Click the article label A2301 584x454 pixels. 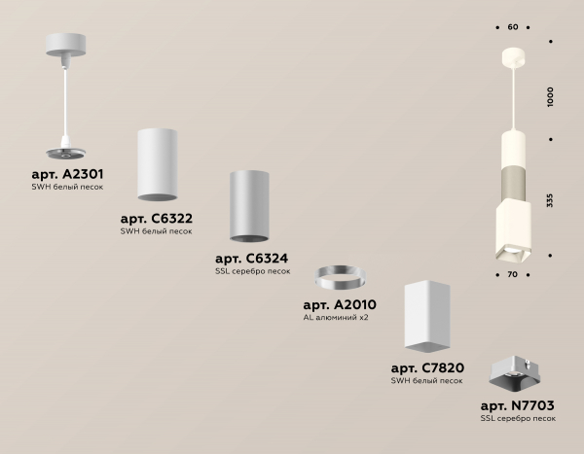pos(67,174)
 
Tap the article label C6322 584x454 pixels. pos(157,219)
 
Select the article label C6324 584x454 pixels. pos(252,259)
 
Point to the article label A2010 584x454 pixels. pos(340,305)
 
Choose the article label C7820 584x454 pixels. pos(427,368)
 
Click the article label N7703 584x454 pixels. pos(518,405)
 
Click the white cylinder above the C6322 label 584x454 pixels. pos(157,164)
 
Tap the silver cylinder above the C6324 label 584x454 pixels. pos(249,206)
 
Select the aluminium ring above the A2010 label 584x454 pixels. pos(340,277)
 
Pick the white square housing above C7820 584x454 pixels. pos(427,316)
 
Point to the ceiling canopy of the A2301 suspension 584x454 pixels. pos(65,45)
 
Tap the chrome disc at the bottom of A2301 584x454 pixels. pos(65,154)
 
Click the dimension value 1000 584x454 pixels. pos(551,97)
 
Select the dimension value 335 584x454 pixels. pos(550,200)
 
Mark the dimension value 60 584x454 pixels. pos(513,27)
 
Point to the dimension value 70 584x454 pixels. pos(513,274)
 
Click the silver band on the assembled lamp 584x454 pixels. pos(513,183)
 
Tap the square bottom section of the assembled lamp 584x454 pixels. pos(513,229)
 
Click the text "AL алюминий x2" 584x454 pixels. pos(336,318)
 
